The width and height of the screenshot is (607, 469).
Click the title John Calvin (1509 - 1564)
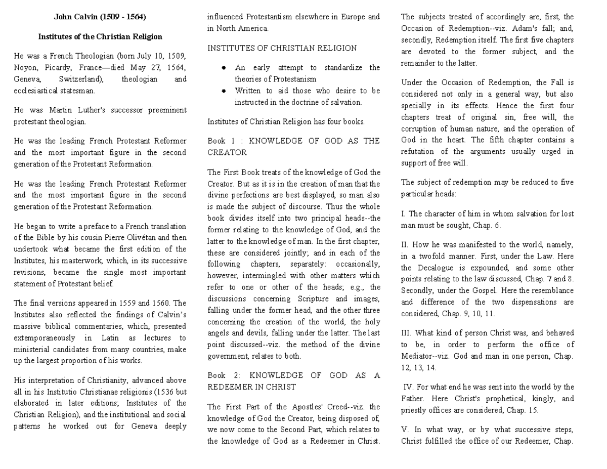point(100,17)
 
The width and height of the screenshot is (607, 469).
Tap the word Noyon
point(25,67)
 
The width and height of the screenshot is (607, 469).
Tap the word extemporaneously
point(45,338)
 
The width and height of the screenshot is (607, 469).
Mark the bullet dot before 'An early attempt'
point(223,68)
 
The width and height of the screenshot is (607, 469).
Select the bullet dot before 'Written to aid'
point(223,91)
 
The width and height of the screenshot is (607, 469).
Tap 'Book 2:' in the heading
point(222,375)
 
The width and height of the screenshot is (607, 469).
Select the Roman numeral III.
point(406,333)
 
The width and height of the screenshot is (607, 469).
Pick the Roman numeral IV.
point(408,387)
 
